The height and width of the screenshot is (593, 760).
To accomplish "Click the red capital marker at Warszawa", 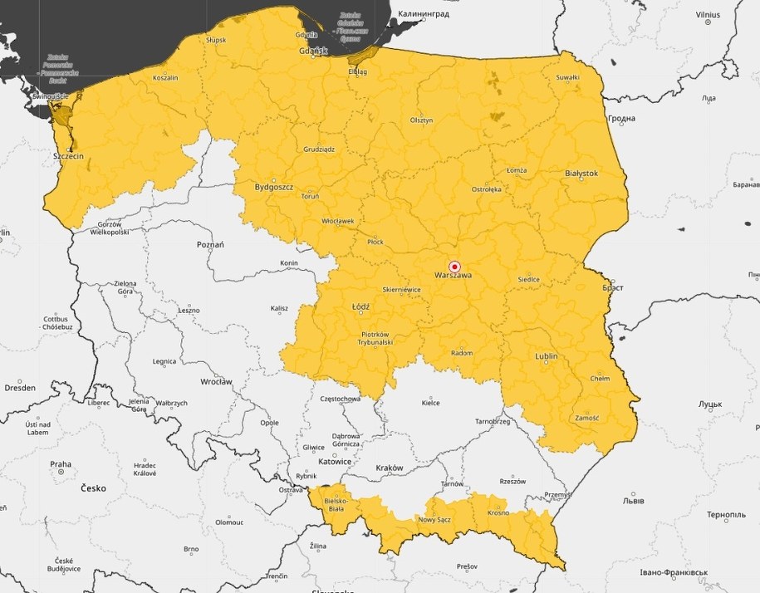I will point(454,266).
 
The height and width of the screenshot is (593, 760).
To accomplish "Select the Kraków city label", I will point(389,468).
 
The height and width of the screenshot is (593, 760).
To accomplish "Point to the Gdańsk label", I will point(313,51).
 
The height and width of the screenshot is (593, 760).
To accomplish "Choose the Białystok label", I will point(581,173).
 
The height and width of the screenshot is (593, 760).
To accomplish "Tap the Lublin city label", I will point(546,356).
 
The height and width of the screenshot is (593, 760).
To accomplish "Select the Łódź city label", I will point(360,306).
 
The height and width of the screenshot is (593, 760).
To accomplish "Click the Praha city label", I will point(60,464).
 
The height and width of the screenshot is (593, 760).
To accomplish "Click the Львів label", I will point(634,502).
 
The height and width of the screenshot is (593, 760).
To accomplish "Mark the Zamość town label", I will point(586,418).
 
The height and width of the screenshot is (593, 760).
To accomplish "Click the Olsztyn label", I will point(421,120).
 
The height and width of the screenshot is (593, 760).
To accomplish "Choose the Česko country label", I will point(93,488).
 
